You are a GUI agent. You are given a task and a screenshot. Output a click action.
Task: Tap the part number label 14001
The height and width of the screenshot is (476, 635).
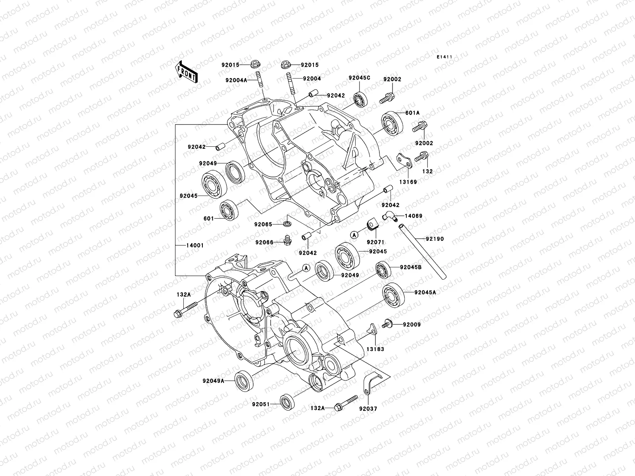coord(195,246)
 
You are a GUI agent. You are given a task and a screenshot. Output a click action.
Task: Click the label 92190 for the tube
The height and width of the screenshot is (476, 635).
coord(435,239)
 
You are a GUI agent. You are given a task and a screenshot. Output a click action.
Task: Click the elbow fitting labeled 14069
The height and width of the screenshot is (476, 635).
coord(388,216)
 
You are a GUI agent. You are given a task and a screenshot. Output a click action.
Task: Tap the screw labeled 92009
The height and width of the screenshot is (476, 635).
coord(387,324)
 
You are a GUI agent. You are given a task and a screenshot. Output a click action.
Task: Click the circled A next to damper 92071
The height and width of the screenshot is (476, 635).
coord(354,235)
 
